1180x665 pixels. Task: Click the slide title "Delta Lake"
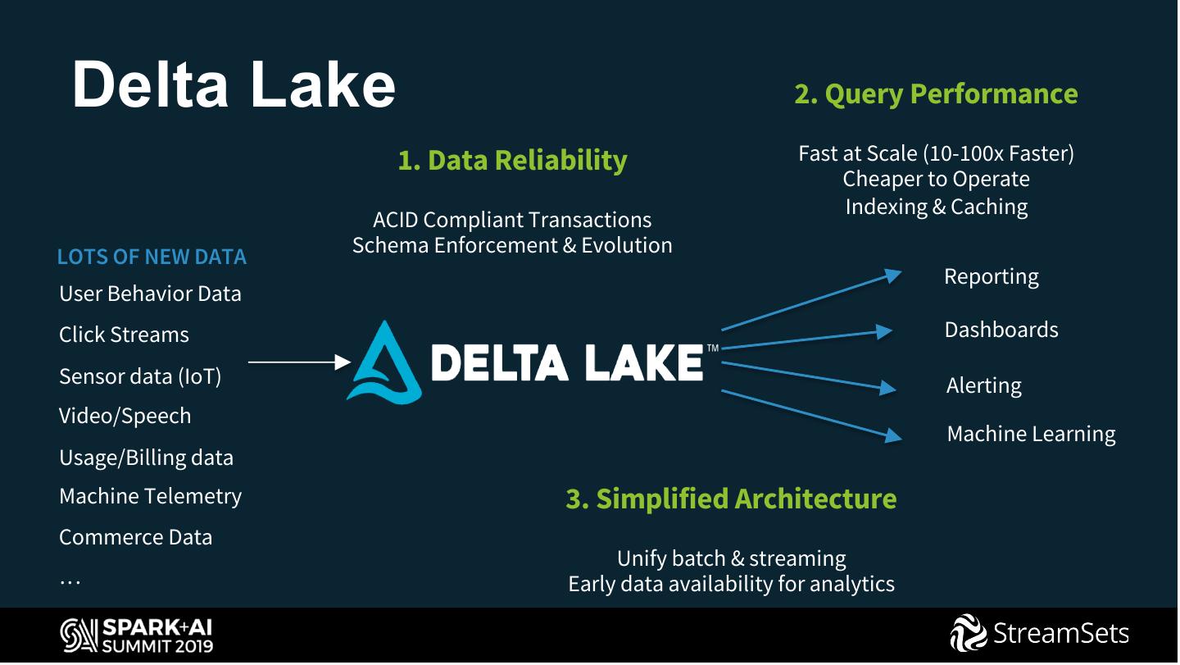coord(234,84)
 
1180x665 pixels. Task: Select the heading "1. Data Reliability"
coord(512,160)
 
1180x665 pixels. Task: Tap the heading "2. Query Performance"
coord(936,93)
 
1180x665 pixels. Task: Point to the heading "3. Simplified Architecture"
coord(731,499)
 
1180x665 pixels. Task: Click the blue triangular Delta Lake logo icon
coord(384,362)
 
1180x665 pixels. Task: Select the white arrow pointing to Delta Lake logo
coord(299,361)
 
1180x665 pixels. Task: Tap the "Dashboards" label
coord(1001,330)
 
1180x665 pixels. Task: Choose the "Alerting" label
coord(983,385)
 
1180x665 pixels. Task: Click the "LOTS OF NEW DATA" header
coord(152,257)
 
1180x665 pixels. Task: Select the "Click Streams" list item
coord(124,335)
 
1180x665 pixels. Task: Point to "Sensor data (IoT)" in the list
coord(140,376)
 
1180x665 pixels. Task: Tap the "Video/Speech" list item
coord(125,416)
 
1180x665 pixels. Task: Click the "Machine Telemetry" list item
coord(150,496)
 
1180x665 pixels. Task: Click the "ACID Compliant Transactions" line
coord(512,220)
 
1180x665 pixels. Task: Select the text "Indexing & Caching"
coord(936,206)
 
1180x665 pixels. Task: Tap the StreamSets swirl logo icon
coord(968,634)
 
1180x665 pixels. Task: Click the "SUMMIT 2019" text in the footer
coord(157,645)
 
